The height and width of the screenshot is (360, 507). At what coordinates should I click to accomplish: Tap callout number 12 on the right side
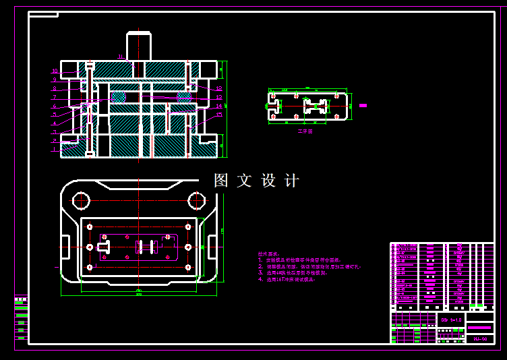click(219, 88)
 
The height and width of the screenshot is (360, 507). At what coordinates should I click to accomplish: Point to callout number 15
click(219, 115)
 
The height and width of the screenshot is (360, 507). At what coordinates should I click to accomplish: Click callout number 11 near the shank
click(120, 57)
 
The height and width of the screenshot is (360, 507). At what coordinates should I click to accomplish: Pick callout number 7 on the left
click(55, 98)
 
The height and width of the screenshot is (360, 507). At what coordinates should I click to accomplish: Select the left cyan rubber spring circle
click(118, 97)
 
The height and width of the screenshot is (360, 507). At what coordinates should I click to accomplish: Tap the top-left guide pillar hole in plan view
click(82, 200)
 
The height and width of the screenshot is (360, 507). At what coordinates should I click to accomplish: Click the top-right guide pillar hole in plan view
click(196, 200)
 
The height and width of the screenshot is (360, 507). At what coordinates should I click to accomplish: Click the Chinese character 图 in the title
click(222, 181)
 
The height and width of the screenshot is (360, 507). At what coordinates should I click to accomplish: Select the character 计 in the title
click(292, 181)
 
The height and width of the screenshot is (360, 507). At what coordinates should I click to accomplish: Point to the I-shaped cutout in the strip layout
click(315, 106)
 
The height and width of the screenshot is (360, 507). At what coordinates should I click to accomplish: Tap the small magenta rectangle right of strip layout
click(363, 105)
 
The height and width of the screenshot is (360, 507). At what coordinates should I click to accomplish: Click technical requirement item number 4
click(260, 279)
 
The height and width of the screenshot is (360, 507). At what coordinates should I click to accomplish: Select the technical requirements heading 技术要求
click(267, 254)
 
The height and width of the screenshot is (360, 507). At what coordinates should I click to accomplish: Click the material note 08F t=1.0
click(451, 320)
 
